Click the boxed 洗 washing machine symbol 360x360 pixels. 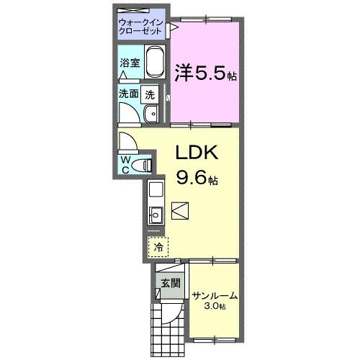pos(150,94)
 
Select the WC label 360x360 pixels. pos(125,163)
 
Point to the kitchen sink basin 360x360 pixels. pos(155,214)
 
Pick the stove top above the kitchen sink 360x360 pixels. pos(155,190)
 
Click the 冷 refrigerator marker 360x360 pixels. pos(158,246)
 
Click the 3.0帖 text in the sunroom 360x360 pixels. pos(215,307)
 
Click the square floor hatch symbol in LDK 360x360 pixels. pos(180,211)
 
